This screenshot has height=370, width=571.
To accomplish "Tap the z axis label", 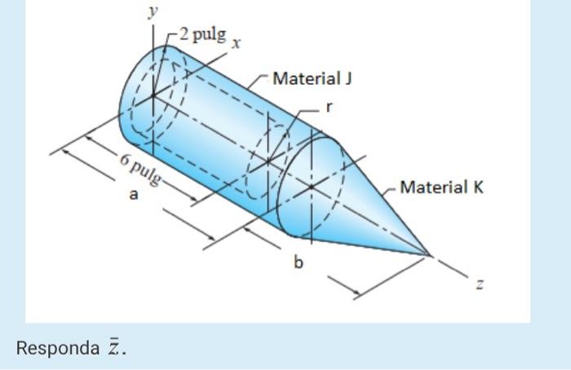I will pyautogui.click(x=480, y=284).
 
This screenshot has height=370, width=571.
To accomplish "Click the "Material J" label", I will pyautogui.click(x=312, y=79).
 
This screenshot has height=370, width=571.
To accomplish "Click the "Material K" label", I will pyautogui.click(x=441, y=187).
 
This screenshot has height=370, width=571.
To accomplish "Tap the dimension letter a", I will pyautogui.click(x=135, y=196).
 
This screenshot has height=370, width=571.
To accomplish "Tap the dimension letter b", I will pyautogui.click(x=299, y=262).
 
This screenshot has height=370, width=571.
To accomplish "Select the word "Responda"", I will pyautogui.click(x=57, y=348).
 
